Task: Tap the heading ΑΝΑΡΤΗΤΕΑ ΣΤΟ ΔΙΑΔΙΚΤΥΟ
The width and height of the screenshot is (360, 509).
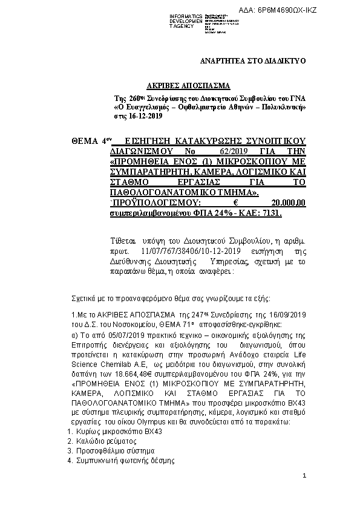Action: (x=253, y=61)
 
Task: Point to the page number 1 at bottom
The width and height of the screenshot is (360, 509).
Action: (x=304, y=477)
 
